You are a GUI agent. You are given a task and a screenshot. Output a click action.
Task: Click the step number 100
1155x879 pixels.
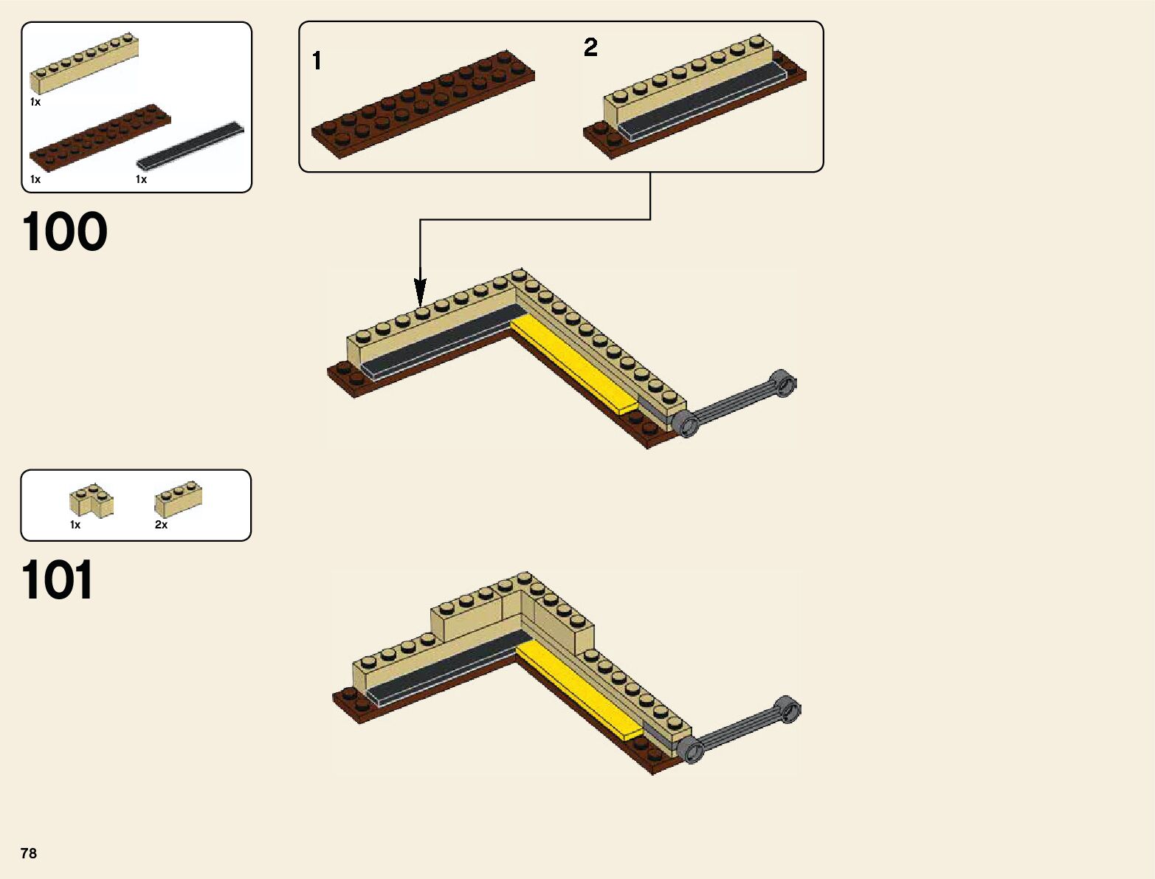tap(65, 232)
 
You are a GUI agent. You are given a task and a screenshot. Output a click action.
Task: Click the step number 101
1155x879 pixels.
tap(58, 580)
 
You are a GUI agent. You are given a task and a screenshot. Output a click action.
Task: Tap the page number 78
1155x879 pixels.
tap(29, 853)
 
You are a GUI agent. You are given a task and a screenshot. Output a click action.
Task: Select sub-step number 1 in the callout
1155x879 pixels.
tap(317, 61)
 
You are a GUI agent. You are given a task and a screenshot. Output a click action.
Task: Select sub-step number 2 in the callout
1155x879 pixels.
tap(590, 48)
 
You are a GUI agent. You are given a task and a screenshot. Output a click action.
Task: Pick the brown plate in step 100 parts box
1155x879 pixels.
tap(100, 136)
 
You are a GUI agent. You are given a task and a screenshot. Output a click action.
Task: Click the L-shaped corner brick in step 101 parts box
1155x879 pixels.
tap(91, 500)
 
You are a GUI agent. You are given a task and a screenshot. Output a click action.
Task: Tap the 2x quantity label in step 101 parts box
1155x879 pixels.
tap(161, 525)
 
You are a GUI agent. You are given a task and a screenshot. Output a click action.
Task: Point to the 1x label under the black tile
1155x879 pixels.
tap(141, 179)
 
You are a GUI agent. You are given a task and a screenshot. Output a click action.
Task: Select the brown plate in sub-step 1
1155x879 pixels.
tap(423, 103)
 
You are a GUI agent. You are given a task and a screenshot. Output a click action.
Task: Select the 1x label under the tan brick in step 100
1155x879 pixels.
tap(35, 102)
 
